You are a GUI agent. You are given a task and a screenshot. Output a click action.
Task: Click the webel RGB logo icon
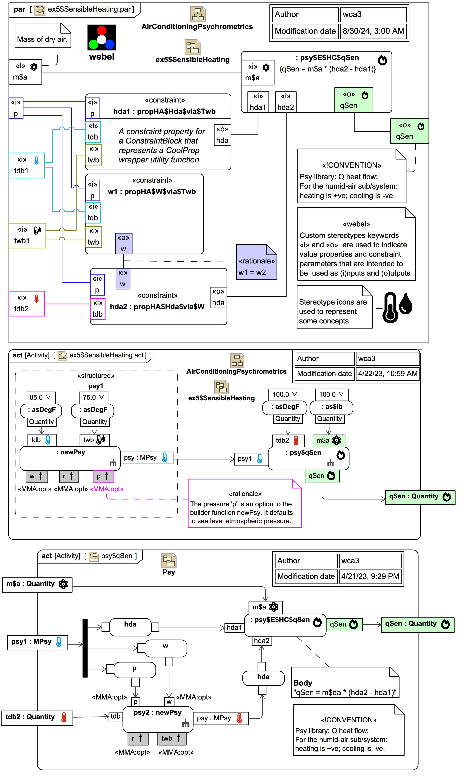[x=101, y=37]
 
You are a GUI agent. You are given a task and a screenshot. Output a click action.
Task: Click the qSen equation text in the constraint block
[x=327, y=69]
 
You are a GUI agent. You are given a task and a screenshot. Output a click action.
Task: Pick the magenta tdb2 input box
[x=27, y=304]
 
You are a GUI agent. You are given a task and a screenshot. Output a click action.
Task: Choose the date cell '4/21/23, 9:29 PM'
[x=370, y=576]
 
